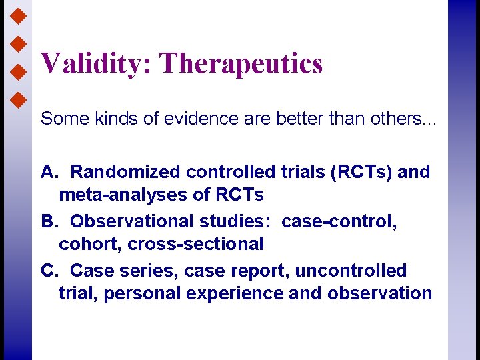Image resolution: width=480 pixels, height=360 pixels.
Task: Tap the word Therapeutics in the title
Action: [241, 64]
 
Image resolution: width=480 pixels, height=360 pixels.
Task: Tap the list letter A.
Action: [47, 172]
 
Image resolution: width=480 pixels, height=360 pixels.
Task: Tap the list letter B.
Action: [47, 221]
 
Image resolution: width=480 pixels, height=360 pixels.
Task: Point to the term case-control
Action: [339, 221]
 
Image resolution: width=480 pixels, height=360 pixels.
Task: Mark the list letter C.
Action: [48, 271]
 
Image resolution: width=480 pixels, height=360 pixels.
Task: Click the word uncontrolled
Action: [351, 271]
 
